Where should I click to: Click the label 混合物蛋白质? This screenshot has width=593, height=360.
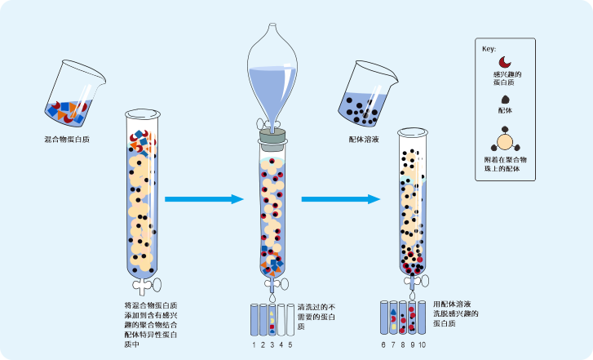point(67,140)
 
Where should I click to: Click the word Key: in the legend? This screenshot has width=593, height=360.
point(489,49)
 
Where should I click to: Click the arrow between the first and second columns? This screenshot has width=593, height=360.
point(204,198)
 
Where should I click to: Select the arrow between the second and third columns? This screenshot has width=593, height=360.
point(341,198)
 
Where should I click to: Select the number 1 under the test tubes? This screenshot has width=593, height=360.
point(254,345)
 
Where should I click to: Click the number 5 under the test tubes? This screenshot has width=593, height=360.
point(290,345)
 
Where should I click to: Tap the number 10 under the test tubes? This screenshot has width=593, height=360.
point(422,345)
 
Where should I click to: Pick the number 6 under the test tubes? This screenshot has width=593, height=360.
point(383,345)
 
